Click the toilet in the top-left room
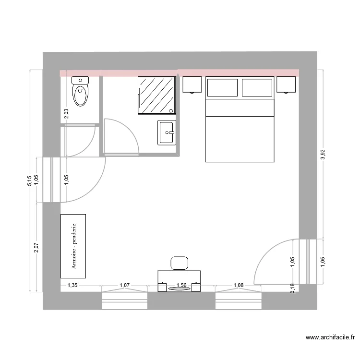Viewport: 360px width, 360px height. (80, 91)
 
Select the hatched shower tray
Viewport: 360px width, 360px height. (156, 96)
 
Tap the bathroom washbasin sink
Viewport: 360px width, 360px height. (167, 132)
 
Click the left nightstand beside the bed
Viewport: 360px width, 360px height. (192, 84)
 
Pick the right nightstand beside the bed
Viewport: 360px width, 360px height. (286, 84)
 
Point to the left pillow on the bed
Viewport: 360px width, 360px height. (222, 88)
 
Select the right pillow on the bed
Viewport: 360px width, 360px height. (257, 88)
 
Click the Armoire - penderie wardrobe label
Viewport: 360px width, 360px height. (73, 246)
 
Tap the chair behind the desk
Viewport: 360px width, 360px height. (180, 263)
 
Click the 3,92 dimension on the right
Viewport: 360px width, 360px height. (323, 155)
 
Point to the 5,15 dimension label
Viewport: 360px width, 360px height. (29, 180)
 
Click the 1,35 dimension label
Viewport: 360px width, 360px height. (72, 286)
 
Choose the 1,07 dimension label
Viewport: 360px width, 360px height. (124, 286)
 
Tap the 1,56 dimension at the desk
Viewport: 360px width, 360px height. (182, 286)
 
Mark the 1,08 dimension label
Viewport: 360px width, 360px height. (238, 286)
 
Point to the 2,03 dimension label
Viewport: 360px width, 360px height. (66, 114)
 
